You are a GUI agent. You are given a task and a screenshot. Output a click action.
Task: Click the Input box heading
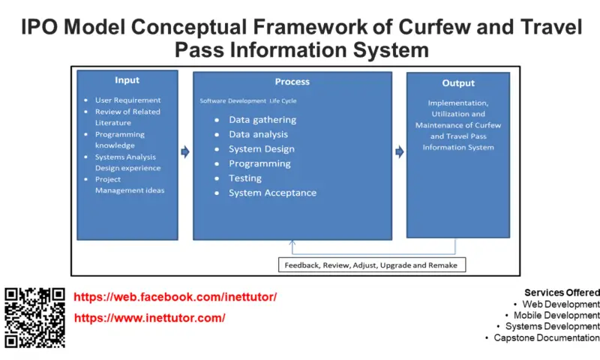[127, 80]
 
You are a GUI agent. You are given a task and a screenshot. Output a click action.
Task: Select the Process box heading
[292, 82]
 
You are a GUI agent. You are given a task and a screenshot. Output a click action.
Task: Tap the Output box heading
[458, 83]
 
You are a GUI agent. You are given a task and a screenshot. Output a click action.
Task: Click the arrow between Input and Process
[185, 152]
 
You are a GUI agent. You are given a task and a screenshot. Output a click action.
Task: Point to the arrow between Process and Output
[400, 152]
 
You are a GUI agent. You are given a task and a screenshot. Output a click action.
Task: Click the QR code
[34, 317]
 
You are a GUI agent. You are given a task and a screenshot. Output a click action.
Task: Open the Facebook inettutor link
[175, 297]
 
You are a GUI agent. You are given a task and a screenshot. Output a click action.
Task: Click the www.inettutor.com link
[149, 318]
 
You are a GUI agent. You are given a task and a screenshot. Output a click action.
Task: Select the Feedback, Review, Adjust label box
[372, 265]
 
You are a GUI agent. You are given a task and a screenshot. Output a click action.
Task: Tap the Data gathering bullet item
[262, 120]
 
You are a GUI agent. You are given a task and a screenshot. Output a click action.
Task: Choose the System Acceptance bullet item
[272, 193]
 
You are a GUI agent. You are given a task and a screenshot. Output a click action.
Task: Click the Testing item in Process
[245, 178]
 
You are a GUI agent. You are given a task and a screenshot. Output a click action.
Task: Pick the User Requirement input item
[127, 100]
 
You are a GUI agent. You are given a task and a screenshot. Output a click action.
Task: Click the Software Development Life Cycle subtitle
[248, 101]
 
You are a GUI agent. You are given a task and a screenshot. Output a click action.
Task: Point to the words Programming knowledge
[120, 140]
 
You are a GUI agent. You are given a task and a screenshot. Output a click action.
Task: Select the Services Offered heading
[562, 292]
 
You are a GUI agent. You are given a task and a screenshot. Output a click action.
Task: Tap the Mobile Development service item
[556, 315]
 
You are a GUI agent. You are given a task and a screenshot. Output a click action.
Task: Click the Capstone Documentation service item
[547, 337]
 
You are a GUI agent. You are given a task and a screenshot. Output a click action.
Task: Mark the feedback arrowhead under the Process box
[292, 242]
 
